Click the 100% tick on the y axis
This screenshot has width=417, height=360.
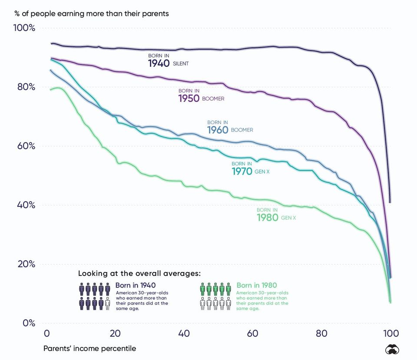[x=24, y=28]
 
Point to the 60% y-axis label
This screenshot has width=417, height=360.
[x=26, y=146]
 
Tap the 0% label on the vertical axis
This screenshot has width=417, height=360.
[x=29, y=323]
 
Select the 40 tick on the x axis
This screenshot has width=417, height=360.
[x=184, y=334]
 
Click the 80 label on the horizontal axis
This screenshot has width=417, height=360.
[x=321, y=334]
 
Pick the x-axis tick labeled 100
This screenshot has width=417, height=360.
[x=391, y=334]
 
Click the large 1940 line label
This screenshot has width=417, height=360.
[x=159, y=63]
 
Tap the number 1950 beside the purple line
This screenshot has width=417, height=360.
[x=189, y=99]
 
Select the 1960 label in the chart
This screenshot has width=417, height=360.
[x=218, y=130]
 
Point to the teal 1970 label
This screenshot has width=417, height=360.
[x=242, y=172]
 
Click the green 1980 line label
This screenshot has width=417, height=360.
[x=268, y=218]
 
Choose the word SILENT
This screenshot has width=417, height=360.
[x=181, y=63]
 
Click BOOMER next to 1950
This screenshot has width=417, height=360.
[x=213, y=99]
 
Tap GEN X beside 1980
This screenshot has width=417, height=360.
[x=288, y=218]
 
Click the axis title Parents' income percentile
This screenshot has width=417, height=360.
[x=89, y=349]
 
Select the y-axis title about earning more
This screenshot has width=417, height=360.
[x=92, y=13]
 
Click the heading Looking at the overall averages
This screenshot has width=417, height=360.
[x=139, y=273]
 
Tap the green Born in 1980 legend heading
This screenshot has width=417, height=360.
[x=257, y=285]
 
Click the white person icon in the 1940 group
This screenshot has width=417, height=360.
[x=107, y=304]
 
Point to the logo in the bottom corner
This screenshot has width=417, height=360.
[x=392, y=350]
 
